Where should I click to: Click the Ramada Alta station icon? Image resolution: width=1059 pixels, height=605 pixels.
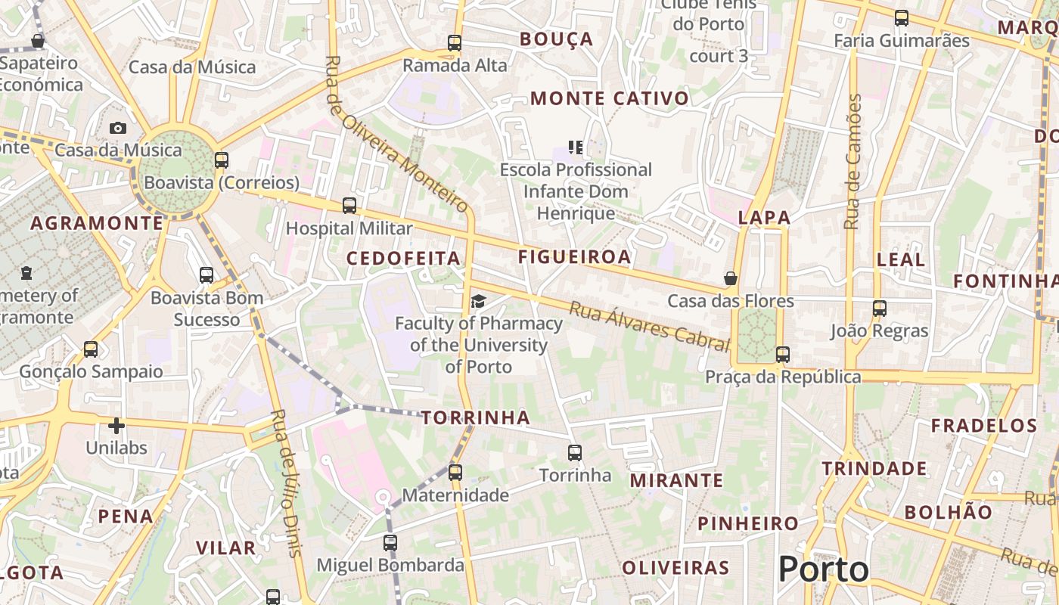pyautogui.click(x=454, y=43)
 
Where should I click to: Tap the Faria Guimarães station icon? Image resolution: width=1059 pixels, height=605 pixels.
pyautogui.click(x=901, y=18)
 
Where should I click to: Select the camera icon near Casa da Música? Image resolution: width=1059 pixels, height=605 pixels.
pyautogui.click(x=117, y=128)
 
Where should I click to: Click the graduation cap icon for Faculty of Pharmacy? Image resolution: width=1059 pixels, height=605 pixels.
pyautogui.click(x=478, y=302)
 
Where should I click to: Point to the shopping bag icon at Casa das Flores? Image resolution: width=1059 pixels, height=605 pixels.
pyautogui.click(x=730, y=278)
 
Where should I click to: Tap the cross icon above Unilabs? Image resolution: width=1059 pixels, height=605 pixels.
pyautogui.click(x=116, y=426)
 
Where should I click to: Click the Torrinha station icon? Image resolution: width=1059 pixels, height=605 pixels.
pyautogui.click(x=575, y=453)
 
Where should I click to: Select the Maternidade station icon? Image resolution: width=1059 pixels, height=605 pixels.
pyautogui.click(x=455, y=473)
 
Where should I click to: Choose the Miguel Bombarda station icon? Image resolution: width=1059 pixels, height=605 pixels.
pyautogui.click(x=390, y=542)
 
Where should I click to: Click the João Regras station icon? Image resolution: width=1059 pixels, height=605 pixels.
pyautogui.click(x=879, y=309)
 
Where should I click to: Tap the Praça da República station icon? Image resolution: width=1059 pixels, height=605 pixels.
pyautogui.click(x=782, y=354)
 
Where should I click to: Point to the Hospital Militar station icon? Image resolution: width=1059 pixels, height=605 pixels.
pyautogui.click(x=349, y=206)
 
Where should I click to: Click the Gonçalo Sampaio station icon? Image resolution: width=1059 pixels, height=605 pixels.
pyautogui.click(x=91, y=349)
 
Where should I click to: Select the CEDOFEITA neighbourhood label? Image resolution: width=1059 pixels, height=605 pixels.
pyautogui.click(x=403, y=259)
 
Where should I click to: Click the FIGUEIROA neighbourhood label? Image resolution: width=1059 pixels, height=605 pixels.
pyautogui.click(x=574, y=257)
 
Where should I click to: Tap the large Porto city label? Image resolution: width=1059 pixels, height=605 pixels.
pyautogui.click(x=823, y=569)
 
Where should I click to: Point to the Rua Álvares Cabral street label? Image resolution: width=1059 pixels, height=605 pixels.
pyautogui.click(x=649, y=326)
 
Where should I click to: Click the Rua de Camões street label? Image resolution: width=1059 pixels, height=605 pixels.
pyautogui.click(x=853, y=162)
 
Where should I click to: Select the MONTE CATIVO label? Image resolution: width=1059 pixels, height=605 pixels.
pyautogui.click(x=610, y=98)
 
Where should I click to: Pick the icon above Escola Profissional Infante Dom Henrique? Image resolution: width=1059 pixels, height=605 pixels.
pyautogui.click(x=575, y=147)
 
